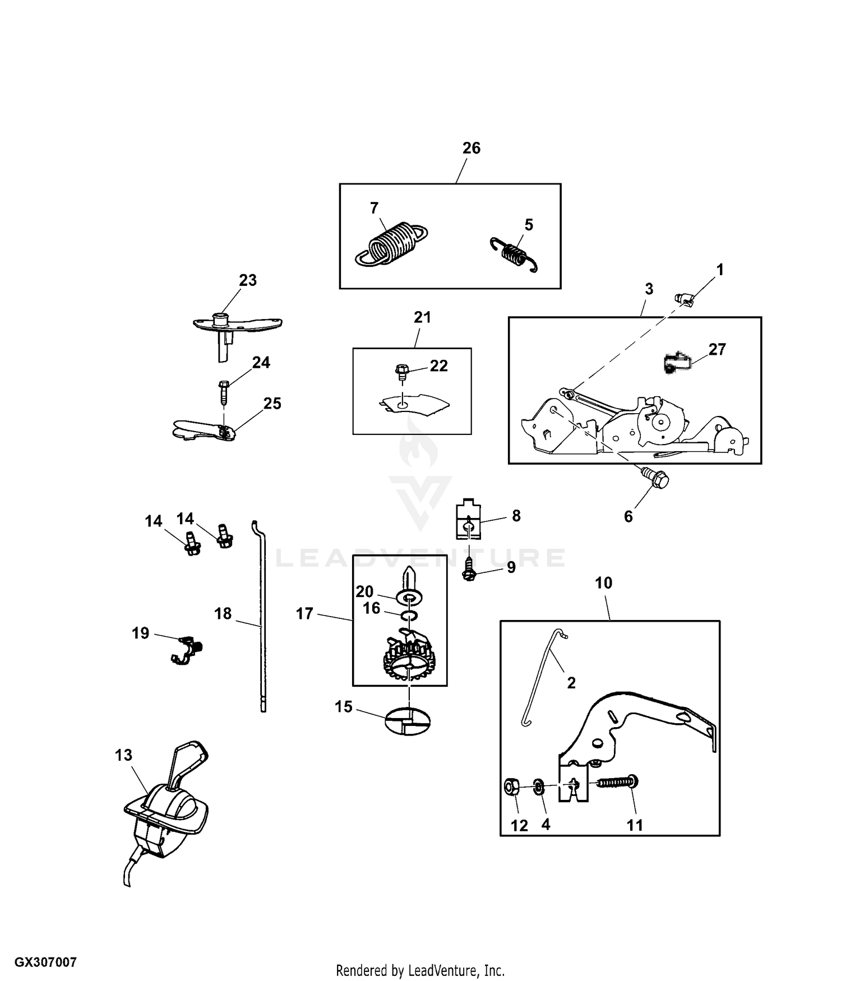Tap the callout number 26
pos(471,148)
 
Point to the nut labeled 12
pos(511,787)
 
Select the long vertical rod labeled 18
pos(262,617)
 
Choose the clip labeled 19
pos(187,650)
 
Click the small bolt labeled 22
pos(401,371)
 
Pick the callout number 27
pos(717,349)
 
